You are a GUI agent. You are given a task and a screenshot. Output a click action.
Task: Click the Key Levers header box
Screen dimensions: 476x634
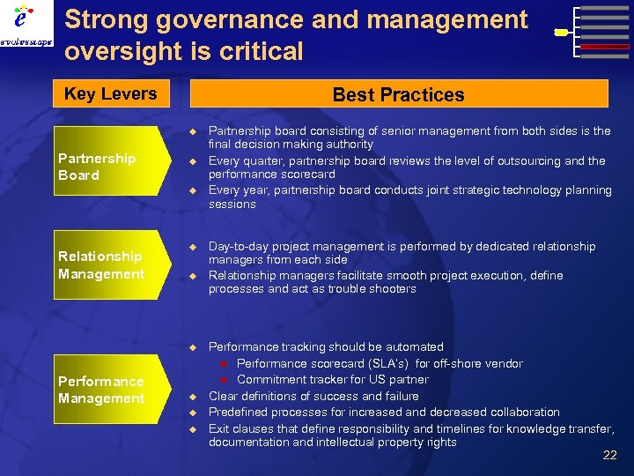click(x=111, y=93)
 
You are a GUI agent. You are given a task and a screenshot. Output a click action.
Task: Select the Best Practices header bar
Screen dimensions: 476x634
click(x=398, y=94)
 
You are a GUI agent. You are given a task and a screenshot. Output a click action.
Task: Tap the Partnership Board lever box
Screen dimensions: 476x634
click(x=105, y=167)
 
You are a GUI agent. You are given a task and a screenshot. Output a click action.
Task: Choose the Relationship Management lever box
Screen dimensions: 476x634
click(x=105, y=265)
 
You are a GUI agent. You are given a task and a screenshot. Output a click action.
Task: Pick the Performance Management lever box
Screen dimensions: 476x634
click(x=105, y=390)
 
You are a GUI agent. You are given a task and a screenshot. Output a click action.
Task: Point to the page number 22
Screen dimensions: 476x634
click(x=609, y=455)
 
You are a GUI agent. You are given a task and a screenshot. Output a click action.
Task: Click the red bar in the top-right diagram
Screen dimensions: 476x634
click(x=605, y=47)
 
